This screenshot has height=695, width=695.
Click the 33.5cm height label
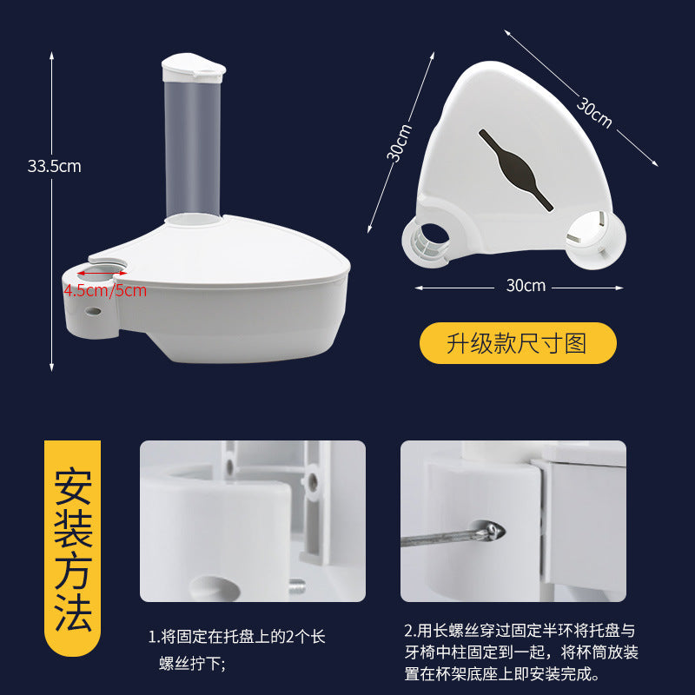(55, 166)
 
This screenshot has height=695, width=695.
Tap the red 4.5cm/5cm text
(105, 291)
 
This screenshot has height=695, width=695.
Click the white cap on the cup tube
(193, 68)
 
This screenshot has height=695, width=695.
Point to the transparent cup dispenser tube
(192, 149)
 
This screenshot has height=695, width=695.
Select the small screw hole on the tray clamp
(93, 311)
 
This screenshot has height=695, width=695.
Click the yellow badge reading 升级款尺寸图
(518, 343)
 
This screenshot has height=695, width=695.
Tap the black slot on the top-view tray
(516, 170)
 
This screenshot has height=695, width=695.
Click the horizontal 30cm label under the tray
(526, 286)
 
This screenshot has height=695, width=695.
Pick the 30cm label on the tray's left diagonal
(399, 142)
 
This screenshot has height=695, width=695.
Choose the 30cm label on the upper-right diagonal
(594, 113)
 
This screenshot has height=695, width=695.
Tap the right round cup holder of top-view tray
(596, 240)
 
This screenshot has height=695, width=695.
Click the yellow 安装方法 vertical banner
(73, 548)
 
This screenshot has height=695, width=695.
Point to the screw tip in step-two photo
(494, 531)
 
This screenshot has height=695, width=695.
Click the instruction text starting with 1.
(236, 650)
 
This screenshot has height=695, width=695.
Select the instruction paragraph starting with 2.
(521, 652)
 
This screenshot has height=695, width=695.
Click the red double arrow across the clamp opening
(102, 274)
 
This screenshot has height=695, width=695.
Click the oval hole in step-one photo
(215, 588)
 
